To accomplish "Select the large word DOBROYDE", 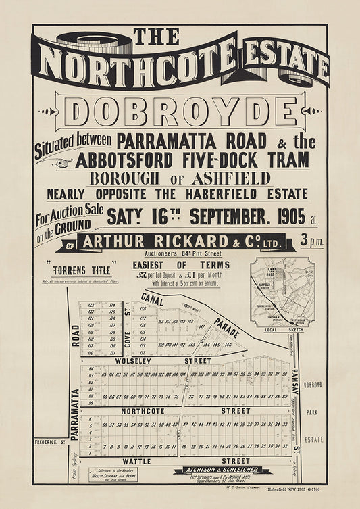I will (180, 112).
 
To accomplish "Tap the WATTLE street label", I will (137, 461).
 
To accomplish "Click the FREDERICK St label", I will (50, 443).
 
